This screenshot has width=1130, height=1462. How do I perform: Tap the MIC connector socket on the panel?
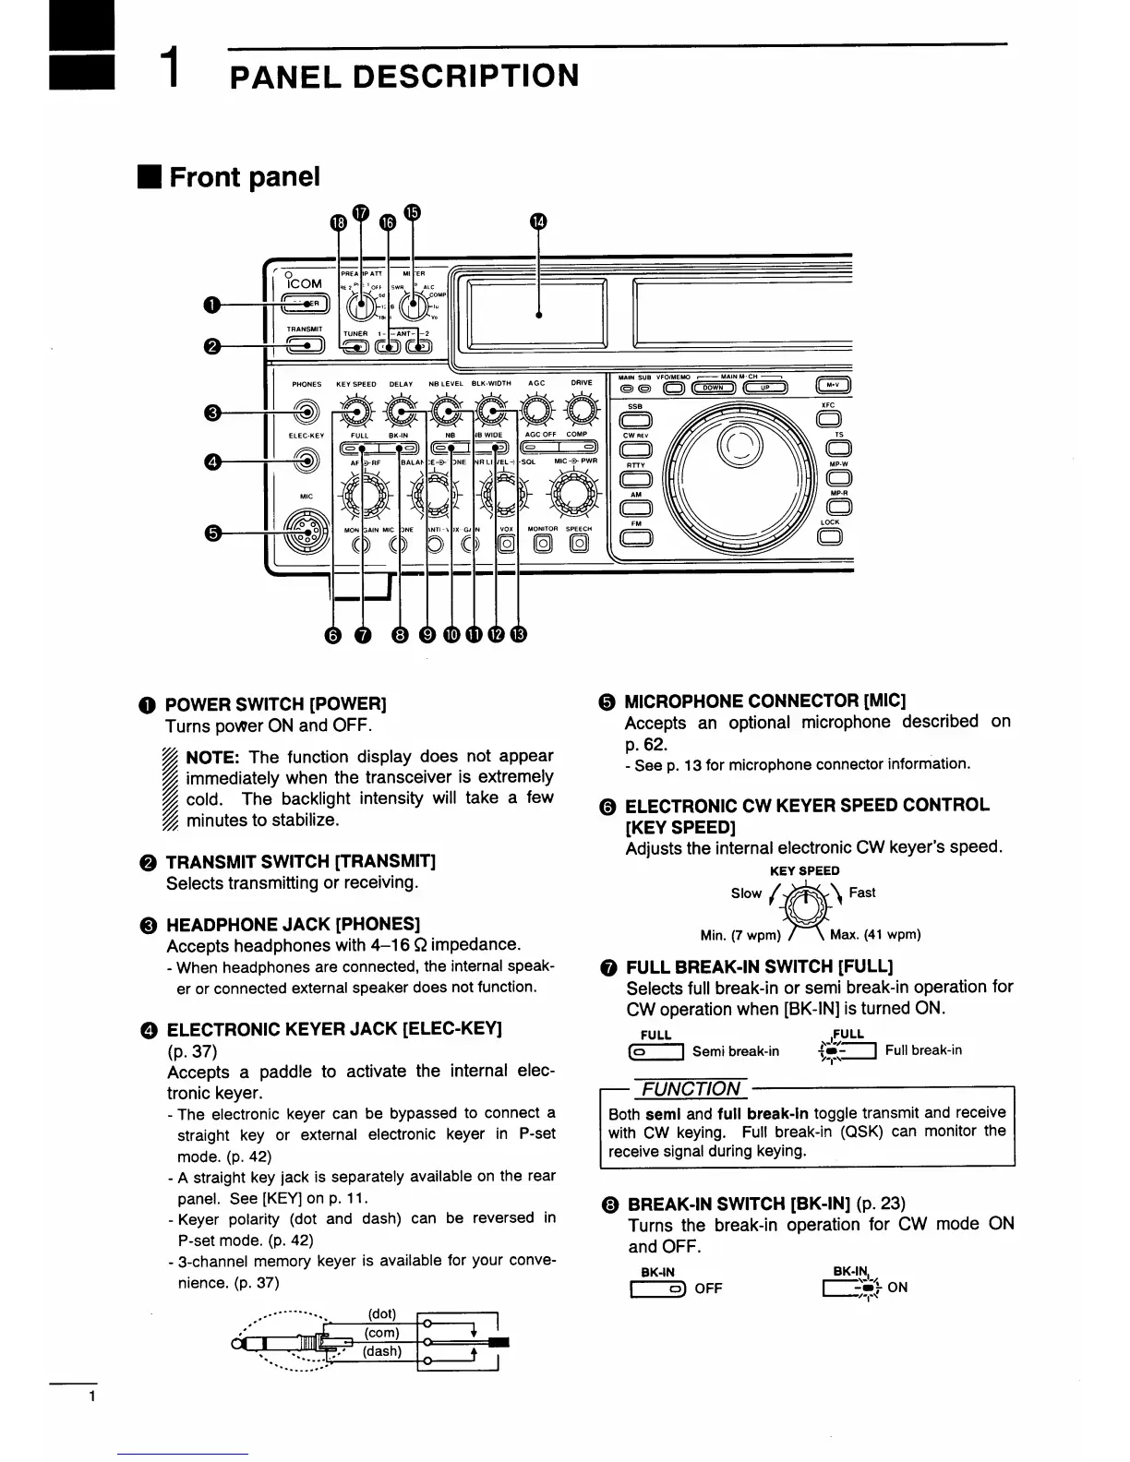point(307,533)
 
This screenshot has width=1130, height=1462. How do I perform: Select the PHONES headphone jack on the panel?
point(307,412)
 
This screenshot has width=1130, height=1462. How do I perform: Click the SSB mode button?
point(635,422)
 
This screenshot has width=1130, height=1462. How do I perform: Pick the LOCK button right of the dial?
point(829,538)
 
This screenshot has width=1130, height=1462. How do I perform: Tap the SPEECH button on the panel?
point(578,544)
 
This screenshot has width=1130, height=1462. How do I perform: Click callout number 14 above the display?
point(539,222)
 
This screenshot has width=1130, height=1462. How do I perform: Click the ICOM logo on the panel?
point(305,284)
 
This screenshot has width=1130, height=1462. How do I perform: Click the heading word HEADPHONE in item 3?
point(214,925)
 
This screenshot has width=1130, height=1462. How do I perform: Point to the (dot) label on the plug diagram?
point(381,1313)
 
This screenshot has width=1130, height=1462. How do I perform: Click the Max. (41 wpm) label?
point(875,934)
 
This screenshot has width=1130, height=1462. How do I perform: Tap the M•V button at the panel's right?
point(834,388)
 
